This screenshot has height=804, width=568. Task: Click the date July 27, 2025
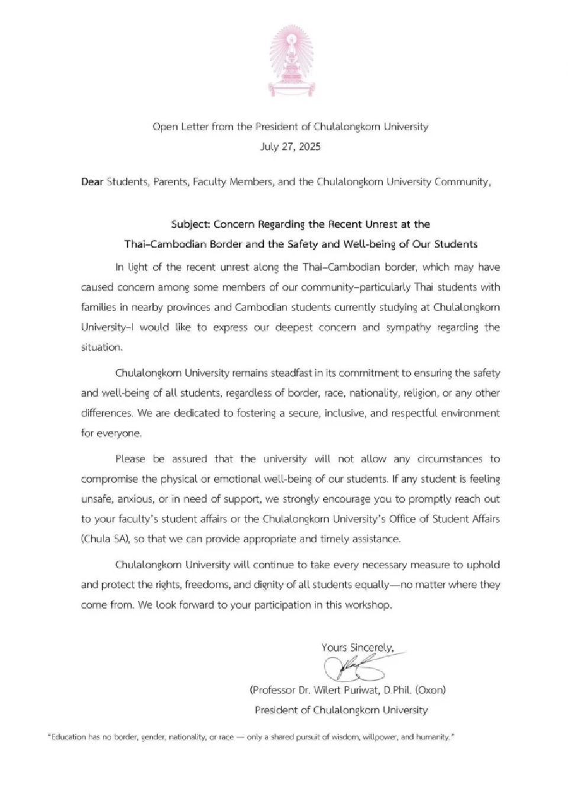[290, 147]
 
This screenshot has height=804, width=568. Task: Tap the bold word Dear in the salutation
[92, 182]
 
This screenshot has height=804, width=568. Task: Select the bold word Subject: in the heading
[191, 224]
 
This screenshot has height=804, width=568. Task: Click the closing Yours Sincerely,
[357, 647]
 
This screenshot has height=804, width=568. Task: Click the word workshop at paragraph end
[368, 605]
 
